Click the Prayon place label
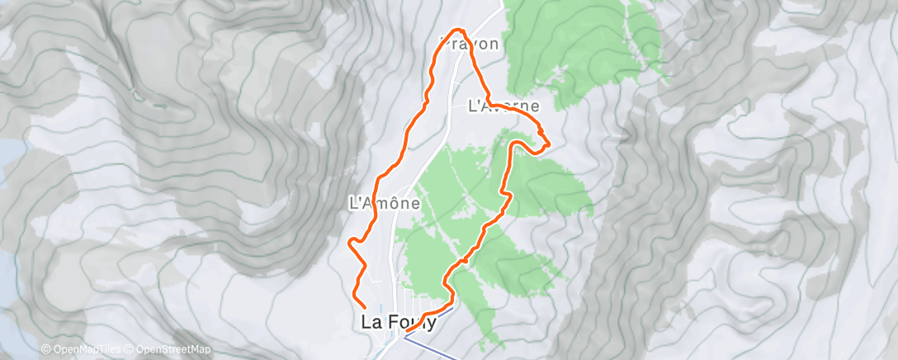pos(471,44)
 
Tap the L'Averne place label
pos(503,106)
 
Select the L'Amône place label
pos(385,201)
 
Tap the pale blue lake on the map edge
pos(7,165)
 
